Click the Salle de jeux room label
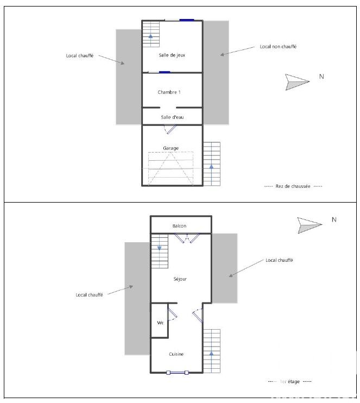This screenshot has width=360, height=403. pyautogui.click(x=172, y=55)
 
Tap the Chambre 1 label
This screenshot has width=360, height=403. pyautogui.click(x=169, y=92)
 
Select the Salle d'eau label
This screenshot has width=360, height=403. pyautogui.click(x=172, y=117)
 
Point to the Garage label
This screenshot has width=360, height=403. pyautogui.click(x=170, y=148)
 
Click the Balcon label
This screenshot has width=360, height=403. pyautogui.click(x=179, y=226)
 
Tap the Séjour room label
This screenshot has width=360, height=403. pyautogui.click(x=180, y=279)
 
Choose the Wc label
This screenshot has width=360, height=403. pyautogui.click(x=160, y=323)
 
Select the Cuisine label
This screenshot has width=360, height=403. pyautogui.click(x=176, y=354)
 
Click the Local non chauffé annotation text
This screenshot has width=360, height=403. pyautogui.click(x=278, y=47)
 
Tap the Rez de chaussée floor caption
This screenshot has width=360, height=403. pyautogui.click(x=293, y=186)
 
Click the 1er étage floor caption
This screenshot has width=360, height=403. pyautogui.click(x=290, y=382)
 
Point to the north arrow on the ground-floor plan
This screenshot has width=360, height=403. pyautogui.click(x=298, y=82)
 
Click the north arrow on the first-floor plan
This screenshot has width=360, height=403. pyautogui.click(x=310, y=225)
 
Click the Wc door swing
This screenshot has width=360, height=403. pyautogui.click(x=173, y=314)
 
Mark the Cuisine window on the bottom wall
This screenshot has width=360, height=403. pyautogui.click(x=178, y=373)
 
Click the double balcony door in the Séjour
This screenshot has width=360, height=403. pyautogui.click(x=187, y=238)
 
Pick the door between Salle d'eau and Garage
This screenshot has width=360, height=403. pyautogui.click(x=170, y=129)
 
